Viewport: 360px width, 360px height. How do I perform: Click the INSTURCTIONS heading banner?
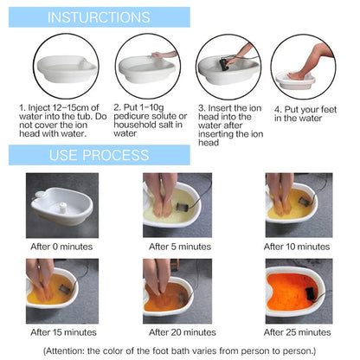[98, 17]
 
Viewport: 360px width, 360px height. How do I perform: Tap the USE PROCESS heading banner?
[98, 156]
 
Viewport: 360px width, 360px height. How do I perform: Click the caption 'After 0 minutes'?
[58, 247]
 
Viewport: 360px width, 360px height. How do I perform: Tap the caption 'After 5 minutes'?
[179, 247]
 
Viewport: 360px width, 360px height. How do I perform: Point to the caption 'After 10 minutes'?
[301, 247]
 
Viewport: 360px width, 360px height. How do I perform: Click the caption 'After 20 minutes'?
[179, 332]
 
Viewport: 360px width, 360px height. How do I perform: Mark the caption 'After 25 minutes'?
[301, 332]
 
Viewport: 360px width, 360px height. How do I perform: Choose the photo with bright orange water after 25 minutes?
[299, 291]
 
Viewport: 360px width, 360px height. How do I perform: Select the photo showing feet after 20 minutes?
[177, 291]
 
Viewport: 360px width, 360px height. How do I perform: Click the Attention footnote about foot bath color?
[179, 350]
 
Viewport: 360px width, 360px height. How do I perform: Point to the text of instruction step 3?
[228, 125]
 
